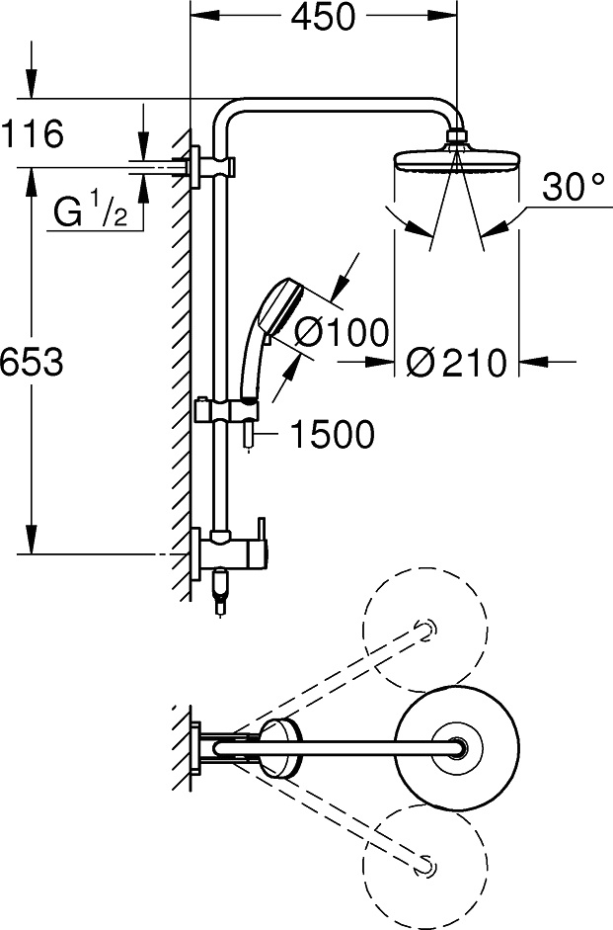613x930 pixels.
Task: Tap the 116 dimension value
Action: pyautogui.click(x=32, y=133)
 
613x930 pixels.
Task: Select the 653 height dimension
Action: pyautogui.click(x=32, y=361)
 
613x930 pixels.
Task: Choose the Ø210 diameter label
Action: pyautogui.click(x=457, y=363)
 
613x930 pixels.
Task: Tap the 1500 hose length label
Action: pyautogui.click(x=333, y=434)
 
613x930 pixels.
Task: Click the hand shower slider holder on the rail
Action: pyautogui.click(x=227, y=410)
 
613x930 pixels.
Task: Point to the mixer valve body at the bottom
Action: pyautogui.click(x=232, y=553)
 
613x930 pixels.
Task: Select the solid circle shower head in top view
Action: pyautogui.click(x=457, y=748)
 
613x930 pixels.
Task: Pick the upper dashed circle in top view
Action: pyautogui.click(x=425, y=631)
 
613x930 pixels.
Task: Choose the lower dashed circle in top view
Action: pyautogui.click(x=425, y=866)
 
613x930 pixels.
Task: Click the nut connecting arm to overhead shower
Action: pyautogui.click(x=456, y=137)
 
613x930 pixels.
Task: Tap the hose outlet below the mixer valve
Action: pyautogui.click(x=220, y=592)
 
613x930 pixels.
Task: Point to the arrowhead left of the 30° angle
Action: pyautogui.click(x=421, y=228)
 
